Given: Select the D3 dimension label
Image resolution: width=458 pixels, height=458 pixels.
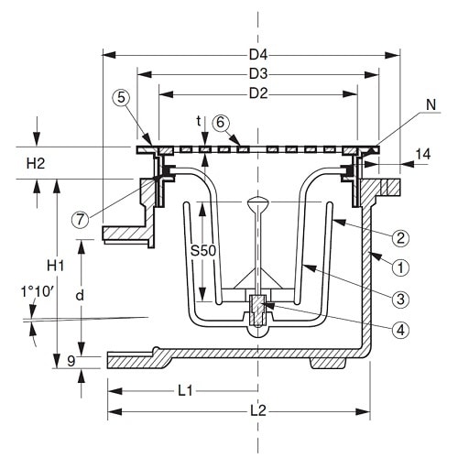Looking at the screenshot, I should [x=257, y=71].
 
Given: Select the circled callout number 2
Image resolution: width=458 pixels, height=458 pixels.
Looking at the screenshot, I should [x=399, y=238].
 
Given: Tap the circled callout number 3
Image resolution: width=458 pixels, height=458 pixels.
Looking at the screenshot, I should [x=399, y=300].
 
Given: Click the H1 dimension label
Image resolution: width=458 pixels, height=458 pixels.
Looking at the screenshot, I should [x=57, y=266].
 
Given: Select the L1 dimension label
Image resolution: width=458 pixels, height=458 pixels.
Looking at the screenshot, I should [x=184, y=391].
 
